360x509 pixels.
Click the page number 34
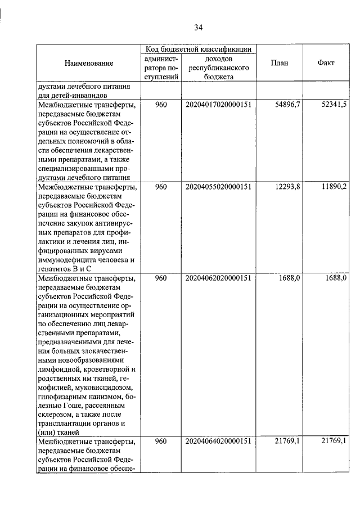pos(198,27)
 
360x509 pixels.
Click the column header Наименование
pos(88,63)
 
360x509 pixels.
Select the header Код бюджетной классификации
pos(198,49)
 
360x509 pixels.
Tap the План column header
pos(279,63)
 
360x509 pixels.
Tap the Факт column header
pos(326,63)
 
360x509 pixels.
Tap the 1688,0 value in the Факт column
pos(336,278)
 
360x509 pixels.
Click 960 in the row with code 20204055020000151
pos(161,187)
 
